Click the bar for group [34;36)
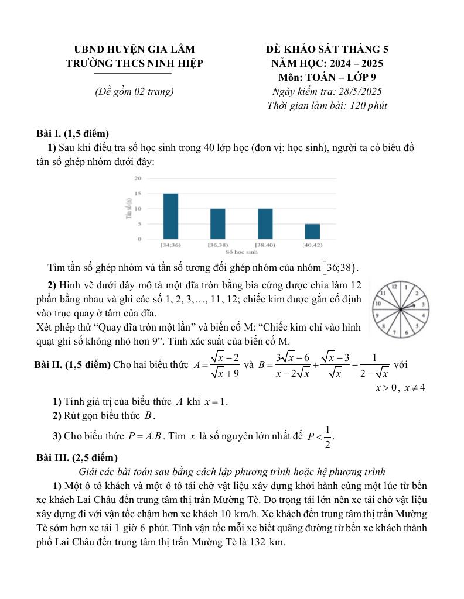click(170, 216)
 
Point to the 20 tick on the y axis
click(138, 178)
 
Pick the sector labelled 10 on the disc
click(378, 304)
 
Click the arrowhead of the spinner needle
click(421, 305)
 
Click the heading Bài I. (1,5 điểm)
click(73, 133)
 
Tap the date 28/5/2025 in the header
click(358, 91)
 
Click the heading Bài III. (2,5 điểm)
click(76, 457)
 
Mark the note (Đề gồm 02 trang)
click(134, 91)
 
